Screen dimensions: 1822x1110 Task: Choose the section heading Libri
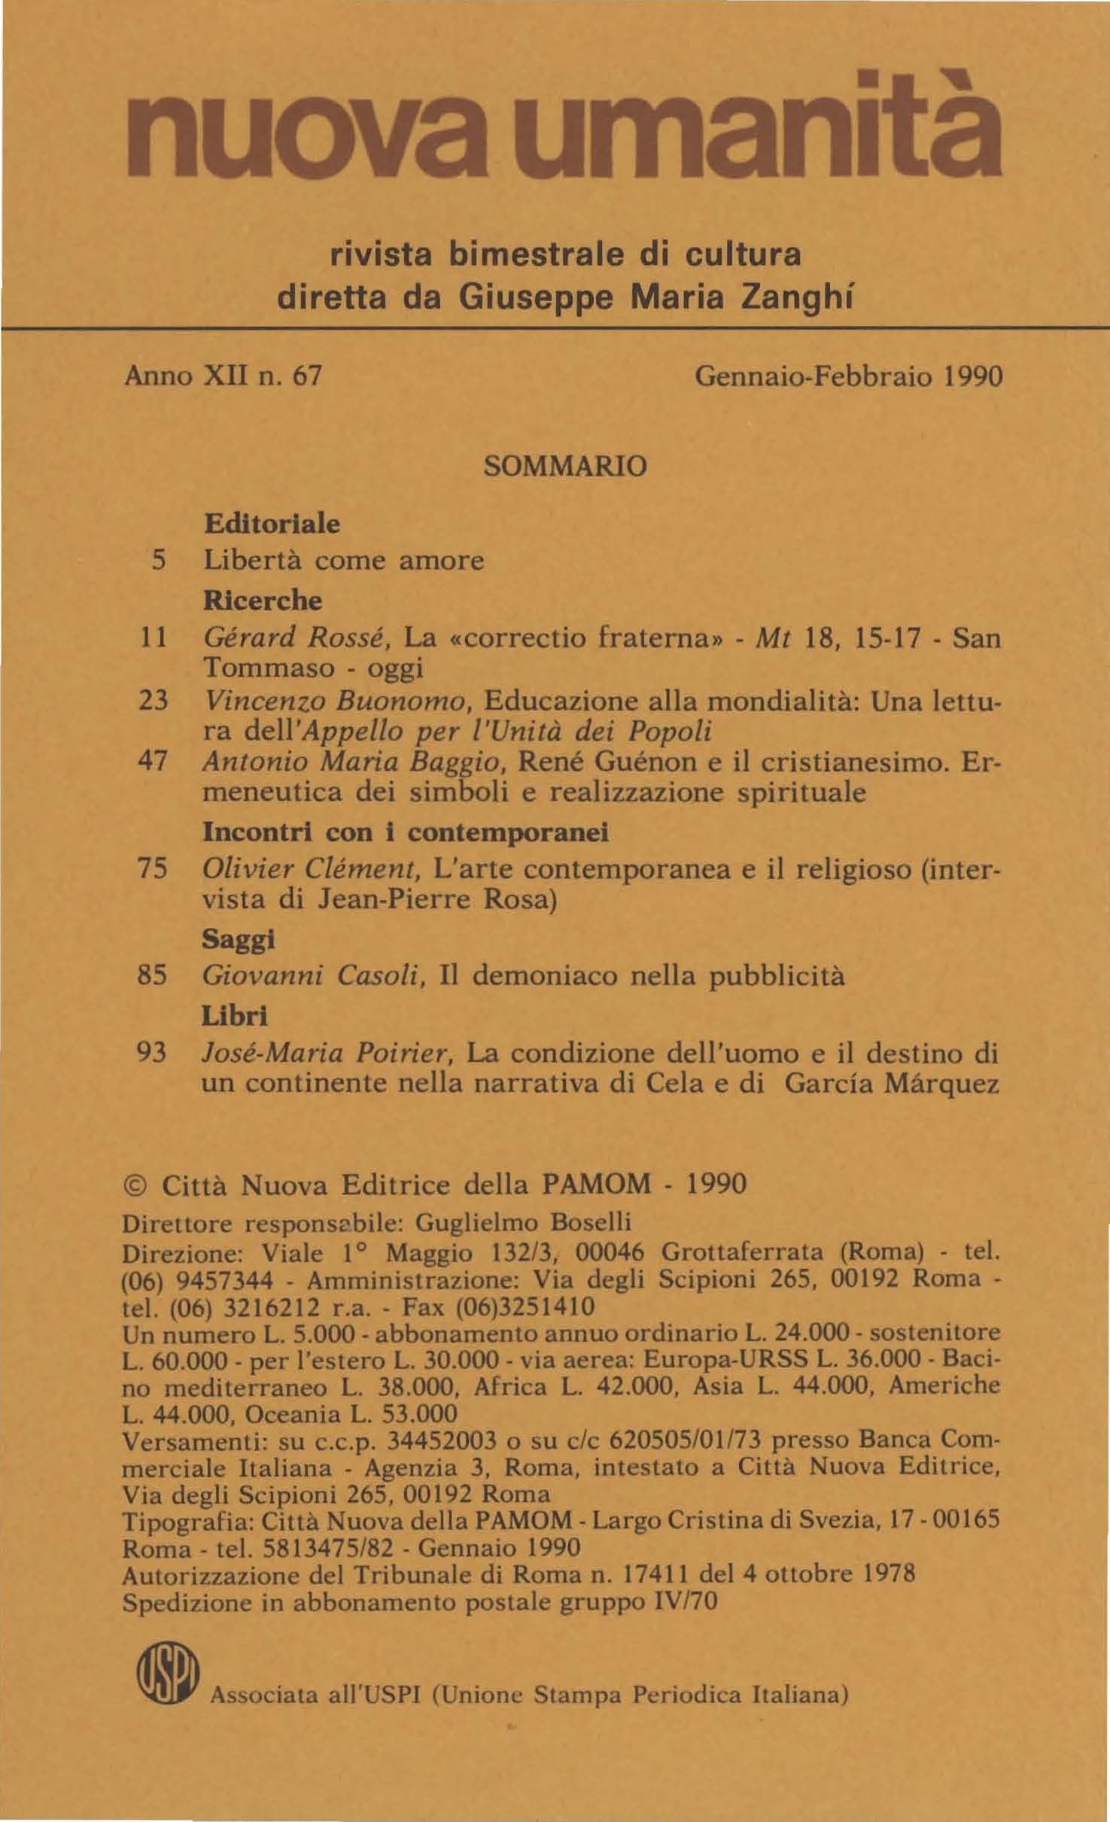[235, 1017]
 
